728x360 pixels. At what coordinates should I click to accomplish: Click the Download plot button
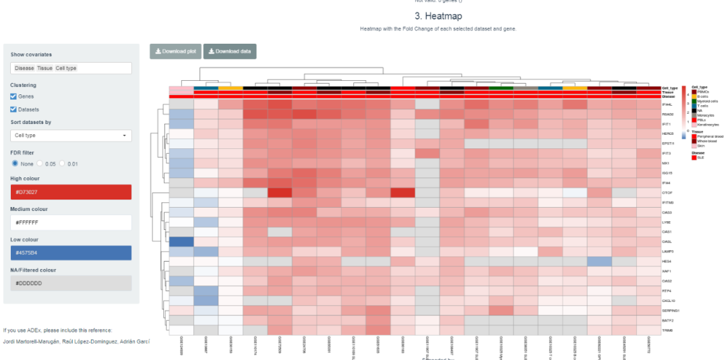[175, 51]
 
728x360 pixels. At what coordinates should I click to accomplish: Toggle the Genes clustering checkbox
[14, 96]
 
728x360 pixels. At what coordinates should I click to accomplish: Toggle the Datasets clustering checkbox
[14, 109]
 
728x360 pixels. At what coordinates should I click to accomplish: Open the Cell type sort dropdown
[71, 136]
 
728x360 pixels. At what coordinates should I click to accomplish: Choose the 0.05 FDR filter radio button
[40, 163]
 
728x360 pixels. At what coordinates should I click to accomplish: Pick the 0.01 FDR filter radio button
[63, 163]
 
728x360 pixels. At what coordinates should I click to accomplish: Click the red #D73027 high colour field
[71, 192]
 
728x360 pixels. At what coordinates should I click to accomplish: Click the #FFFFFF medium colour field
[71, 222]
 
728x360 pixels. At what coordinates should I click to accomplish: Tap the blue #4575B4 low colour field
[71, 253]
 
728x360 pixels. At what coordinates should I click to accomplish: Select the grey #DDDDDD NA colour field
[71, 283]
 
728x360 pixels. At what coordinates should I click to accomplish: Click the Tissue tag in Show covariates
[45, 68]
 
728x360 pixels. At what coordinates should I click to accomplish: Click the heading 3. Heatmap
[438, 16]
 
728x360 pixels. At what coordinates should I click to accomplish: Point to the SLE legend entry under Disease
[700, 157]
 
